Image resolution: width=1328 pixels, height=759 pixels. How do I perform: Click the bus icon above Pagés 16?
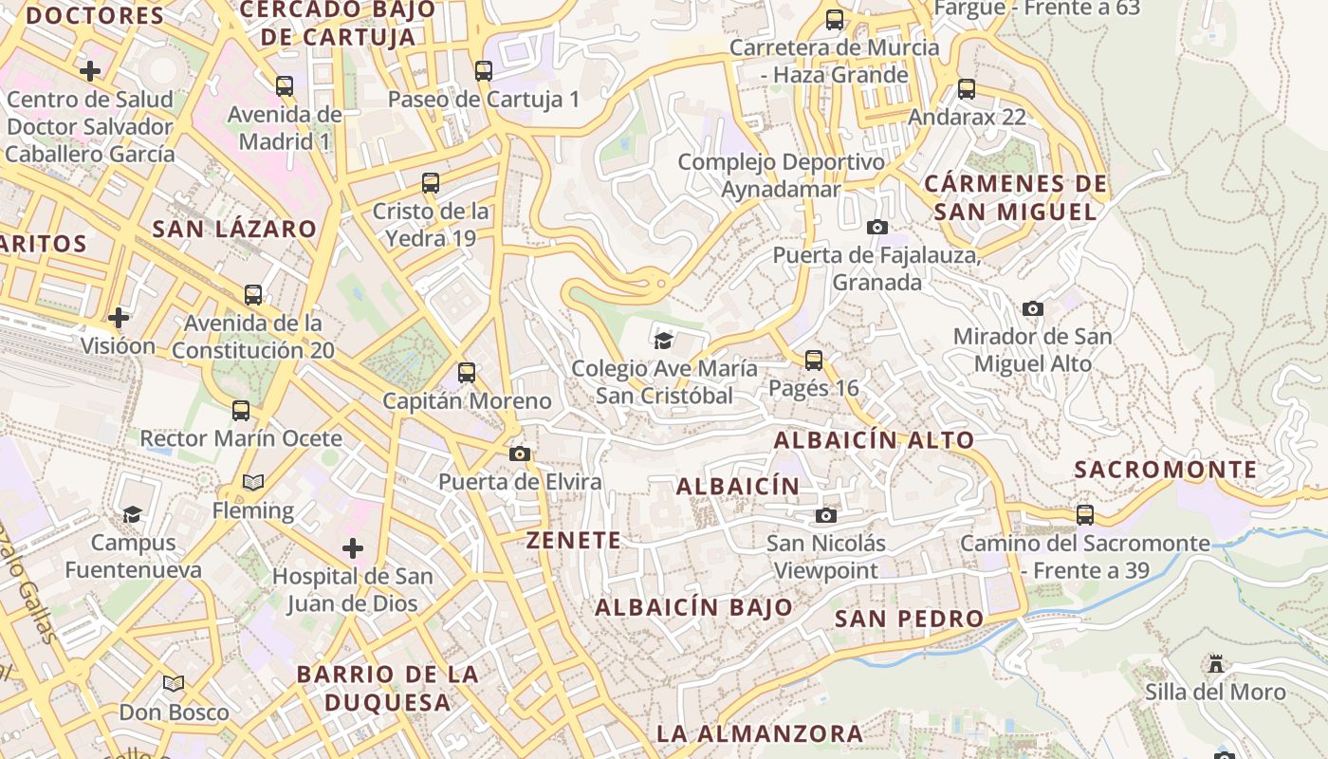(814, 361)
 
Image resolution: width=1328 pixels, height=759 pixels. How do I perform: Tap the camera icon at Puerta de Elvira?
(519, 454)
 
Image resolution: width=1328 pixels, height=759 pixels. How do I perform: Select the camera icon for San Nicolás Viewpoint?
(826, 515)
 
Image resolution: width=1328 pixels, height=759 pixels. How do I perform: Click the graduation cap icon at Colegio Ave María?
(663, 340)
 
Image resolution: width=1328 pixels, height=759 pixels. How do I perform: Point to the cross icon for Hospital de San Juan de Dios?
(353, 548)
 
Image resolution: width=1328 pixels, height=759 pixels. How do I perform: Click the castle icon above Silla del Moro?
(1216, 663)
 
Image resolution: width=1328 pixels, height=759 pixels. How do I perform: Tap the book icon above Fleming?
(252, 483)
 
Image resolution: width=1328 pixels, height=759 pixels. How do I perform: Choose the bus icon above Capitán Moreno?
(466, 373)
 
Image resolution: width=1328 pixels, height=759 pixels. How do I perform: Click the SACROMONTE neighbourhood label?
(1166, 470)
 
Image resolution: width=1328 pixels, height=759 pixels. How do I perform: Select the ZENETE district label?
(574, 541)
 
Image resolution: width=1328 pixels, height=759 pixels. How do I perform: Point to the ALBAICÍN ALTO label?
(874, 440)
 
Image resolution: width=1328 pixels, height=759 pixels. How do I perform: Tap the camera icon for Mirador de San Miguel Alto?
(1033, 308)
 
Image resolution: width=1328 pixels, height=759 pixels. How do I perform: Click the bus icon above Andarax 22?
(967, 89)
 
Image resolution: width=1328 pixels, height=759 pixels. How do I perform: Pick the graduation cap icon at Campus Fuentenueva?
(132, 514)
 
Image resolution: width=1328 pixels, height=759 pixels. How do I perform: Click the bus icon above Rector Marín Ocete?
(241, 411)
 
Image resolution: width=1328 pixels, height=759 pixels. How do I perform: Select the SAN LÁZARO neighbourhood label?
(234, 229)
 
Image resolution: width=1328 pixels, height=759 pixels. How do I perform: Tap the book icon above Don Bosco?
(174, 684)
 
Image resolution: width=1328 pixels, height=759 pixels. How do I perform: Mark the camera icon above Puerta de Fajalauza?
(877, 227)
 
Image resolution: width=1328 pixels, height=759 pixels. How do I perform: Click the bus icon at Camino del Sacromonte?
(1085, 515)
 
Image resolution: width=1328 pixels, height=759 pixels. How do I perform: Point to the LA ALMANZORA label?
(760, 733)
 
